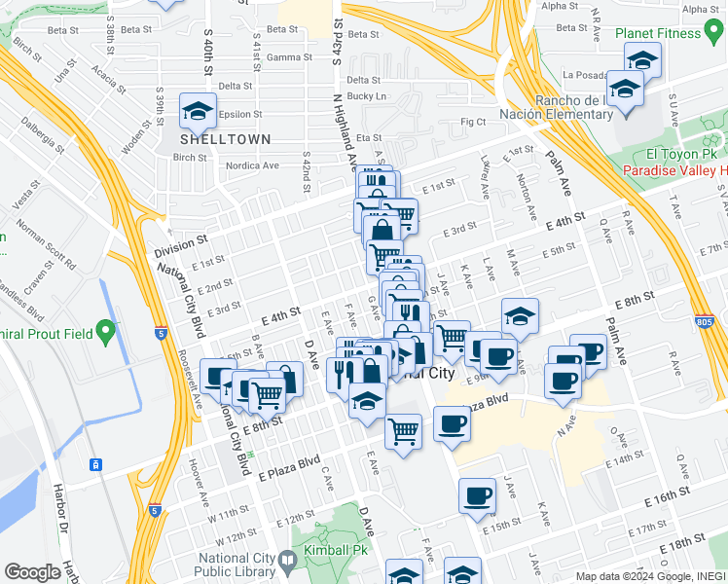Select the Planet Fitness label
pyautogui.click(x=658, y=33)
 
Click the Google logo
pyautogui.click(x=32, y=572)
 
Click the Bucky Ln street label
pyautogui.click(x=367, y=96)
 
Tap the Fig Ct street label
pyautogui.click(x=473, y=122)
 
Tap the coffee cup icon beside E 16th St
pyautogui.click(x=476, y=495)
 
